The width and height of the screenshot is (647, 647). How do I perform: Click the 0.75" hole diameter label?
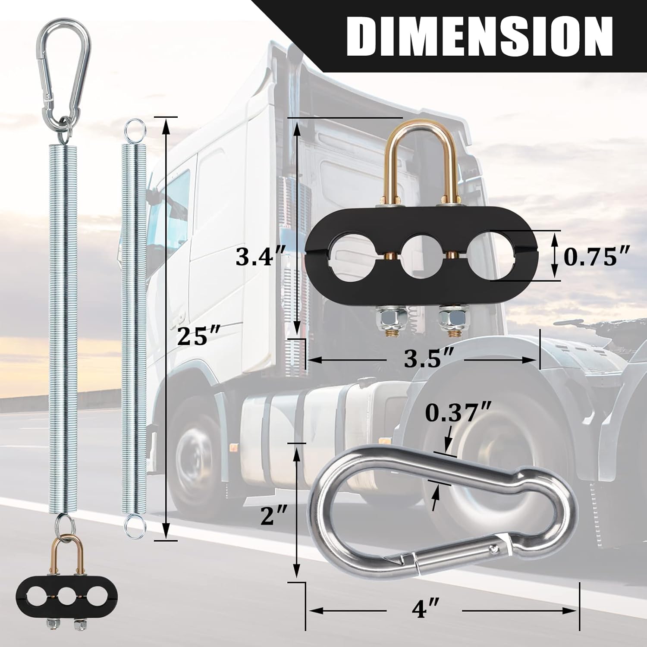(597, 258)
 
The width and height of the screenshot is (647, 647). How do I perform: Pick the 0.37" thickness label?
(459, 413)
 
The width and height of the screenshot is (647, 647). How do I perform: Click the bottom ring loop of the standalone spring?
(134, 527)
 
